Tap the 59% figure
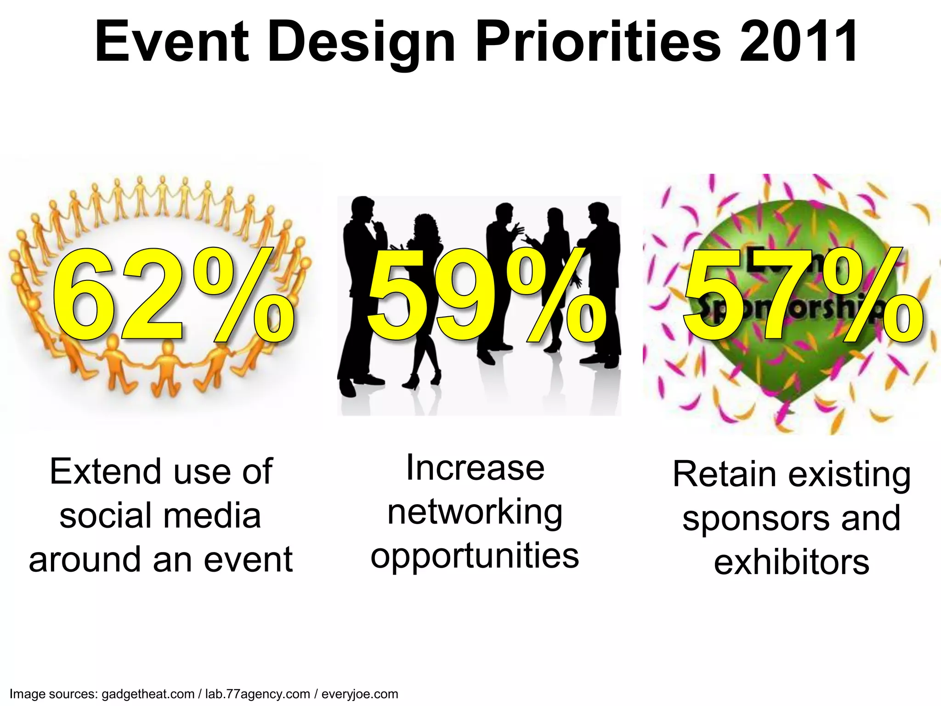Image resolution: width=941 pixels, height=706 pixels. [x=487, y=296]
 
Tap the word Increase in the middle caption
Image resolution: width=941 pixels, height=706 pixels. [x=475, y=468]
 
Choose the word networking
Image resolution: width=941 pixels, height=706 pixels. [x=475, y=513]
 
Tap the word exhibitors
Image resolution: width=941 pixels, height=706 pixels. [x=791, y=563]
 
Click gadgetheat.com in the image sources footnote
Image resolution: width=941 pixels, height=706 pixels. [x=148, y=694]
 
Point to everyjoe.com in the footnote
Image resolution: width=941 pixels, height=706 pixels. [x=360, y=694]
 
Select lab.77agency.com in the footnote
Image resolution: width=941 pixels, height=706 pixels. [x=257, y=694]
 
